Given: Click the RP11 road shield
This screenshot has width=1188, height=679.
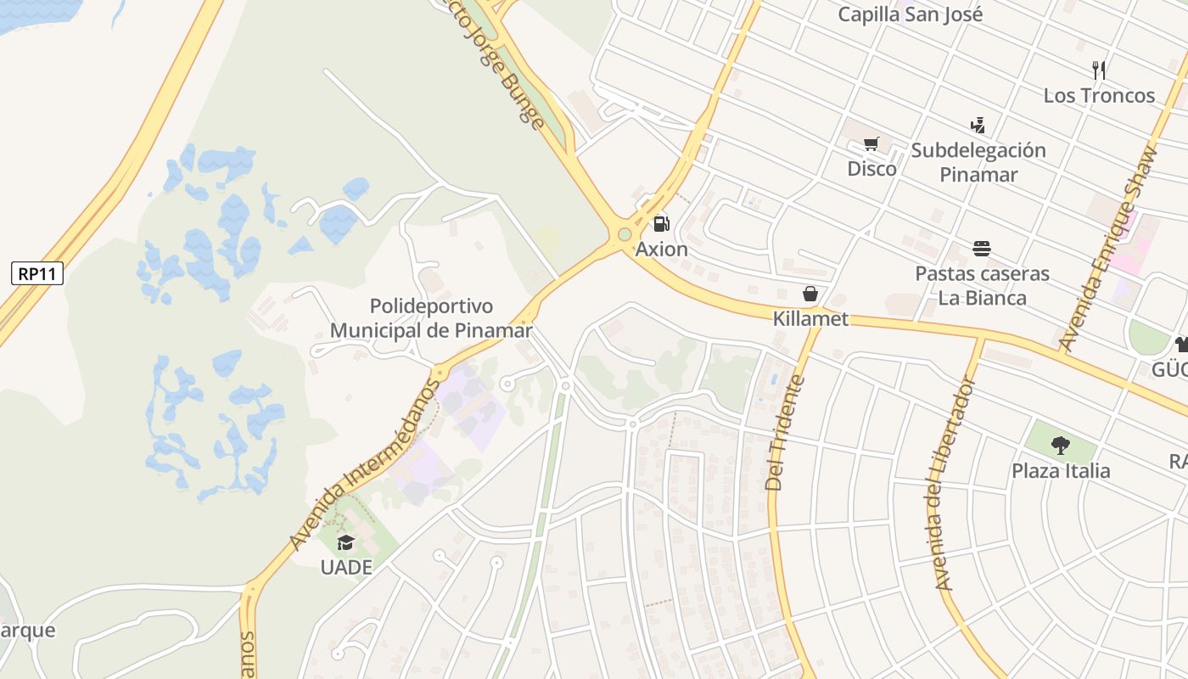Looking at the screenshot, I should tap(37, 273).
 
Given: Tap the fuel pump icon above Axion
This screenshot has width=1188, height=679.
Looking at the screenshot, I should tap(661, 224).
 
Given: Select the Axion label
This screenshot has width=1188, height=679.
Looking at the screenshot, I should tap(662, 250).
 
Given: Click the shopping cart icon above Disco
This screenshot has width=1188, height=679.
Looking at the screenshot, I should tap(871, 144).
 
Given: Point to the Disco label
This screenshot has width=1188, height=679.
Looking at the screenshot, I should tap(871, 169).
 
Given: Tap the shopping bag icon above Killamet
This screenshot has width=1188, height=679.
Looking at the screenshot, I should tap(810, 294).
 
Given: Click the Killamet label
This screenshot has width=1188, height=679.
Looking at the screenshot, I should tap(810, 319).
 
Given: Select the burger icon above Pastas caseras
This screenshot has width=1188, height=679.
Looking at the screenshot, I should tap(982, 249).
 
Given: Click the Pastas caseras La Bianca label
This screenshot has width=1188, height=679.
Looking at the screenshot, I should tap(982, 286).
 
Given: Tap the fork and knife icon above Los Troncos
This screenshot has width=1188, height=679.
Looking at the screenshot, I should tap(1099, 70).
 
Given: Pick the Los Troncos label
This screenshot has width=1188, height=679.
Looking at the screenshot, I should tap(1099, 95).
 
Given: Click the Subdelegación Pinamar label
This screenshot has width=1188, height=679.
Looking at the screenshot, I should tap(978, 162).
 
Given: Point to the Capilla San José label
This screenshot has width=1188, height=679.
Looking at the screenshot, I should tap(911, 14).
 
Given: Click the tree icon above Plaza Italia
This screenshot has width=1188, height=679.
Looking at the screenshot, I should tap(1060, 445).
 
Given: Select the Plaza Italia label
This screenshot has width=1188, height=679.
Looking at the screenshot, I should tap(1060, 471).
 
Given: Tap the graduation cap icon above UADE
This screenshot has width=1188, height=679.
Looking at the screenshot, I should tap(345, 542).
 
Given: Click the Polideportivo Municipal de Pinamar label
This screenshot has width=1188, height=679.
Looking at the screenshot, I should tap(431, 318).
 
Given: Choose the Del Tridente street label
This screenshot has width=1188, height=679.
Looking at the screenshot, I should tap(784, 433).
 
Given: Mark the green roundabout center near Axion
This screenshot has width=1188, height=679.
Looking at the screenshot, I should tap(625, 234).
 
